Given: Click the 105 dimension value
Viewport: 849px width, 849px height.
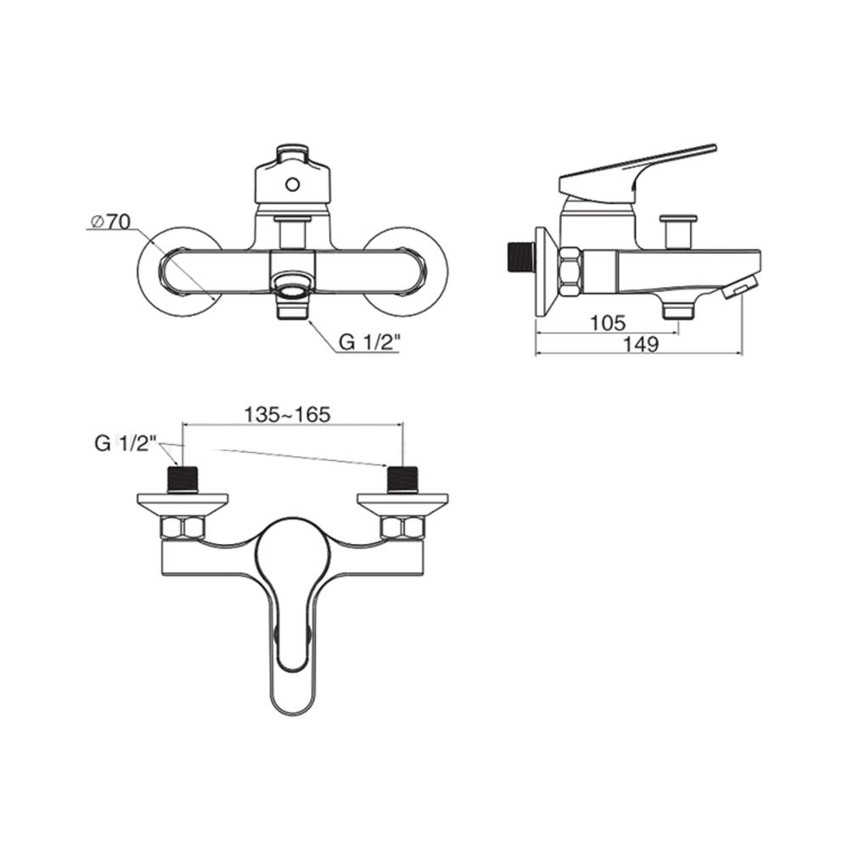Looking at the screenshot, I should (608, 323).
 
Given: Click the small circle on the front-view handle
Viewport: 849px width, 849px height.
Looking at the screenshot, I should (292, 183).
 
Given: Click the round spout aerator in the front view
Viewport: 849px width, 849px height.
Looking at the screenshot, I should (292, 288).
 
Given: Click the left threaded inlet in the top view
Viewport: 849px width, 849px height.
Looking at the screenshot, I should (184, 480).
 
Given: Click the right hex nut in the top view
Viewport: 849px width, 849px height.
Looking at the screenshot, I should (403, 529).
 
